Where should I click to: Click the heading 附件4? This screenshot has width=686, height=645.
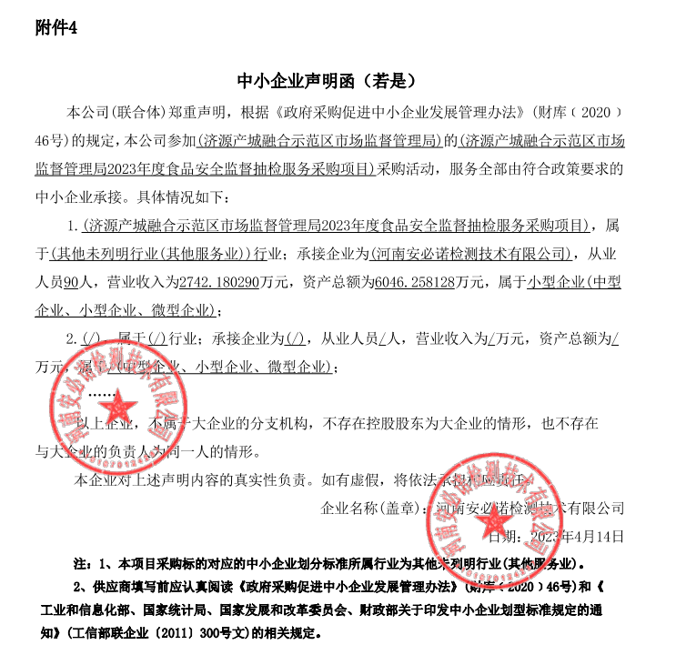coord(55,28)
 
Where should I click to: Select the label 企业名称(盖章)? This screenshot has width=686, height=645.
coord(374,508)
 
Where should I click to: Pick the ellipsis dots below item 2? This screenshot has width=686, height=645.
coord(101,394)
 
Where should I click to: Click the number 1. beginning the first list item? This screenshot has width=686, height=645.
coord(74,226)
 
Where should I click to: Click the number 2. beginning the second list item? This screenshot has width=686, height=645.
coord(74,338)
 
